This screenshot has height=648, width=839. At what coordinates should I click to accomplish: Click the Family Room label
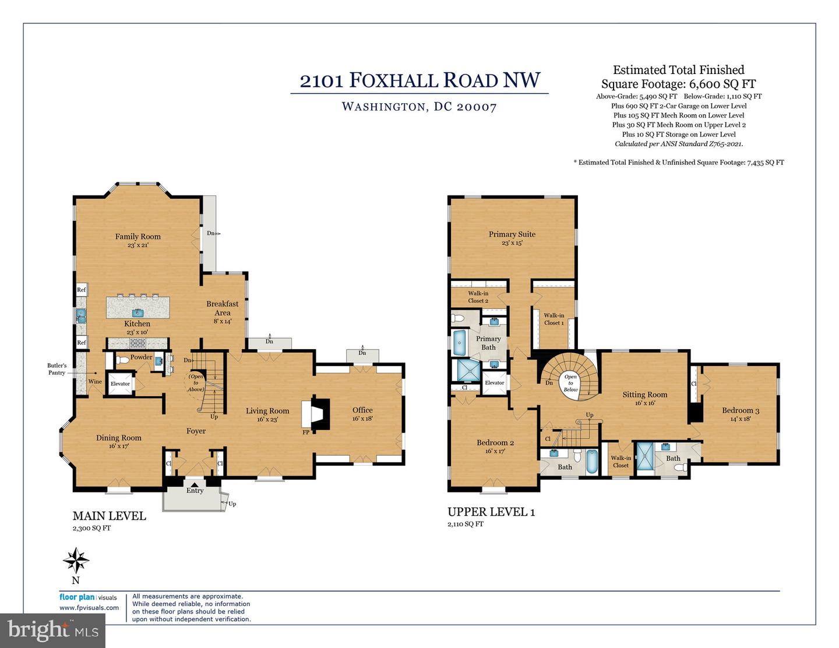click(x=138, y=237)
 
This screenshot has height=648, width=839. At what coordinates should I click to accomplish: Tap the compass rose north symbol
click(x=76, y=561)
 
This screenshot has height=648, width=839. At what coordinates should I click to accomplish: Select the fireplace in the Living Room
click(x=315, y=414)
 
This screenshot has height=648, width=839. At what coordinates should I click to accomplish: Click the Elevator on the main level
click(x=120, y=383)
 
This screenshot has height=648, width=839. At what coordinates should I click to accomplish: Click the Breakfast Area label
click(x=222, y=308)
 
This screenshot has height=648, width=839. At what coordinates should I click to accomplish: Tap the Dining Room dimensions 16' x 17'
click(x=118, y=446)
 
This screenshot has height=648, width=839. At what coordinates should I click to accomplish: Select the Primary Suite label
click(x=512, y=234)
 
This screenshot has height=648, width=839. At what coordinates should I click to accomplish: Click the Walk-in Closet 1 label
click(x=554, y=319)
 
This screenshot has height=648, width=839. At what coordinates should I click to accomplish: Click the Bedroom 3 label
click(x=740, y=410)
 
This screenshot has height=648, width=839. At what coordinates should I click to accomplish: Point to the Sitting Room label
click(x=644, y=395)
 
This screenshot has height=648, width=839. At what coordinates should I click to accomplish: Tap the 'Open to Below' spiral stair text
click(x=570, y=383)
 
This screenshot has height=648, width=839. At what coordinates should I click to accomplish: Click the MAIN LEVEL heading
click(x=109, y=516)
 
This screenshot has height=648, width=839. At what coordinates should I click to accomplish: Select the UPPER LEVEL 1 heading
click(x=491, y=512)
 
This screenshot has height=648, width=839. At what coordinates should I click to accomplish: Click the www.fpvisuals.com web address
click(x=89, y=607)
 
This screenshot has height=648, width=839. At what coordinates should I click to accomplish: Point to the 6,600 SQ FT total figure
click(x=722, y=83)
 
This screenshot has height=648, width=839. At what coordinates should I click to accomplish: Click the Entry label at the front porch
click(x=195, y=491)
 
